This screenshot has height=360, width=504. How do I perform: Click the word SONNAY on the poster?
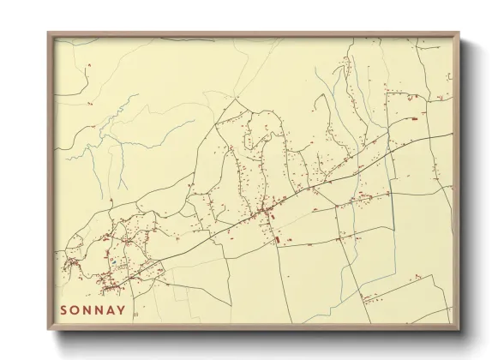93,310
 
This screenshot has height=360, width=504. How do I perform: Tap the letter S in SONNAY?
63,310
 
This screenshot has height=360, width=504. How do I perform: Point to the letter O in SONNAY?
75,310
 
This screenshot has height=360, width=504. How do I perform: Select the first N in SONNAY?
87,310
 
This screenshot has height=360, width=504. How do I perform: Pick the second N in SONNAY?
99,310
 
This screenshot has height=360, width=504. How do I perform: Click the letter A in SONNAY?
111,310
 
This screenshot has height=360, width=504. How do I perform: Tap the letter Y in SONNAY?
123,310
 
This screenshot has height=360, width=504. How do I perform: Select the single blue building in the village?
111,255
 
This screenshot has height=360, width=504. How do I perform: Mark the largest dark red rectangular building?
277,241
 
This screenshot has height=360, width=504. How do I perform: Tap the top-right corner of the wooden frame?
459,34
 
